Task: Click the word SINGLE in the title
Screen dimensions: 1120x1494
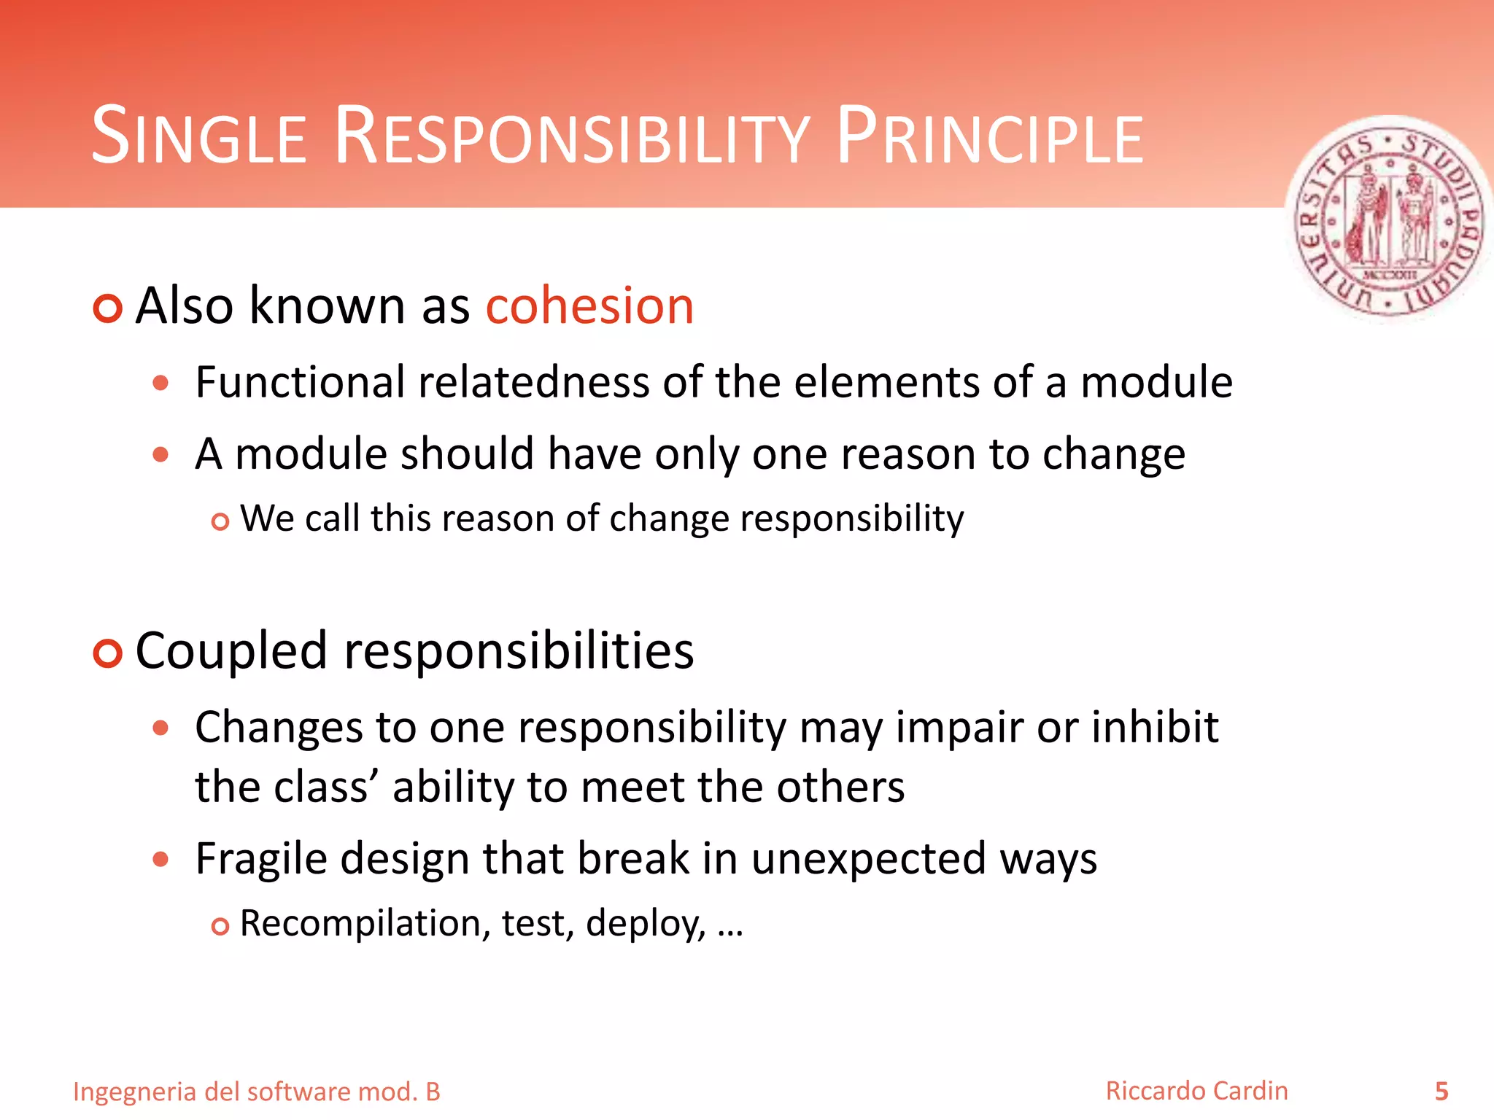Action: [198, 137]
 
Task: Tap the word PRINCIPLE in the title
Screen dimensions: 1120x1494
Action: [990, 137]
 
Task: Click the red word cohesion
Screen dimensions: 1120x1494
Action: [589, 306]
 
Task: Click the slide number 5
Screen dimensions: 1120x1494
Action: [1441, 1092]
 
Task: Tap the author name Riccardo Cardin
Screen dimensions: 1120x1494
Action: [1196, 1091]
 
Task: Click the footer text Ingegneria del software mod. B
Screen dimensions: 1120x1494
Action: [257, 1092]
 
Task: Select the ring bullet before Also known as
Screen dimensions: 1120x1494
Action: [108, 308]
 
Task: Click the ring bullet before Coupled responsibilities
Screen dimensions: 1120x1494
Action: [108, 653]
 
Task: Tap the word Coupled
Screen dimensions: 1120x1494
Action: [231, 651]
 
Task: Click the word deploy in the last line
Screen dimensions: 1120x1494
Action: [645, 925]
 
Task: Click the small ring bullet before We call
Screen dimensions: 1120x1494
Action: [220, 522]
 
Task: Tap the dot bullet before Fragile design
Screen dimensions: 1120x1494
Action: [161, 859]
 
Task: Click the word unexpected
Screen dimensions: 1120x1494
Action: [868, 859]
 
